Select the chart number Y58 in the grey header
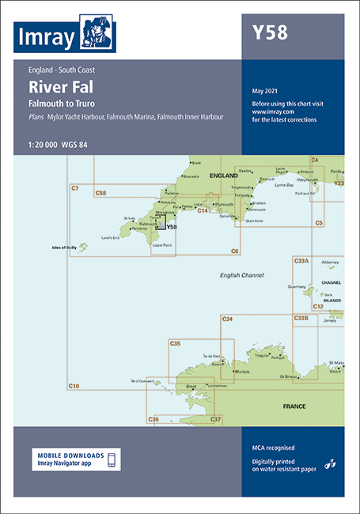269,33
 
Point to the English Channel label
241,274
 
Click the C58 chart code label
100,193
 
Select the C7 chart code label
74,187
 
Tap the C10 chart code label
74,385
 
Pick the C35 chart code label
175,343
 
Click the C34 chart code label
227,319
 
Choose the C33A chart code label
301,260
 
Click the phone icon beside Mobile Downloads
112,459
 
